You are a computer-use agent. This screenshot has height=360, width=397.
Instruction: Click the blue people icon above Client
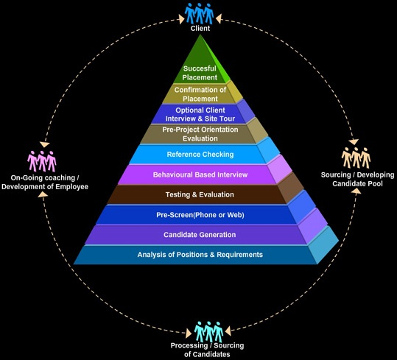[x=200, y=14]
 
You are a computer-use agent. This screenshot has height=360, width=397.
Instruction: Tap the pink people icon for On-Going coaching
[x=42, y=161]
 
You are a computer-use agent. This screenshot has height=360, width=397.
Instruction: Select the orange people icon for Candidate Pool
[x=356, y=158]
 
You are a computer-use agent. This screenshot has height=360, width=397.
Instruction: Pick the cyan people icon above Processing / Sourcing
[x=209, y=332]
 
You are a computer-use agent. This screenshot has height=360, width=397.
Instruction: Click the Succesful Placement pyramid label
[x=200, y=73]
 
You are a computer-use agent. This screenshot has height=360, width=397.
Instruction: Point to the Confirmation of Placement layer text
[x=200, y=94]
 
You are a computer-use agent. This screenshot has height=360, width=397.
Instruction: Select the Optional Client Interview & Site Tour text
[x=200, y=114]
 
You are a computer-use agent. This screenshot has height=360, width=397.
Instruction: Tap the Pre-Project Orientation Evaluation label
[x=200, y=134]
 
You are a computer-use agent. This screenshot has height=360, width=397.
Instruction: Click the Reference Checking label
[x=200, y=155]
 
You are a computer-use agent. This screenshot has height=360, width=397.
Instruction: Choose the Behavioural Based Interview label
[x=200, y=174]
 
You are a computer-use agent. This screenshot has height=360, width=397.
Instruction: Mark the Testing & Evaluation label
[x=200, y=194]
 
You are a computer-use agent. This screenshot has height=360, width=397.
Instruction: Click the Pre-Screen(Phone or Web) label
[x=200, y=215]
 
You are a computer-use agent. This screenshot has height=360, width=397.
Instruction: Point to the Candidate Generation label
[x=200, y=235]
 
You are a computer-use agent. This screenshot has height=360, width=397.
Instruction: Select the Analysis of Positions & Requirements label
[x=200, y=255]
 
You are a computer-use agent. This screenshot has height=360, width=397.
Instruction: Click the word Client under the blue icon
[x=200, y=28]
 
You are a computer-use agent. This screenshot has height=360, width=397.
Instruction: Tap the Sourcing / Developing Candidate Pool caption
[x=357, y=179]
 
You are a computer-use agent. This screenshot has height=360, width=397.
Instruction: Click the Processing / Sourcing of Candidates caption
[x=207, y=350]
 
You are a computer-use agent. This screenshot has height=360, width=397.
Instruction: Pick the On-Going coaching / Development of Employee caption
[x=45, y=182]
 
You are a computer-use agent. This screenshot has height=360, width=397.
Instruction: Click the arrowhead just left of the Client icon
[x=180, y=19]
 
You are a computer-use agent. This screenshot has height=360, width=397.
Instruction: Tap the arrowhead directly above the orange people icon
[x=354, y=141]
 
